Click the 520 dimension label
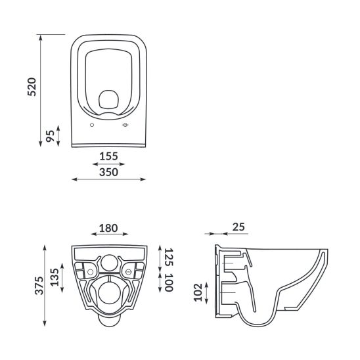[x=32, y=87]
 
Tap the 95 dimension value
[x=51, y=136]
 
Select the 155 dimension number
[x=108, y=156]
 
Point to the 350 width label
[x=108, y=172]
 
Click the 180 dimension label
[x=108, y=228]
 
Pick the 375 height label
[x=39, y=285]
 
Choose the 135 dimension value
[x=55, y=277]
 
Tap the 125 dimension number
[x=169, y=257]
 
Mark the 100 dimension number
[x=169, y=282]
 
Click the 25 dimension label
[x=238, y=227]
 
